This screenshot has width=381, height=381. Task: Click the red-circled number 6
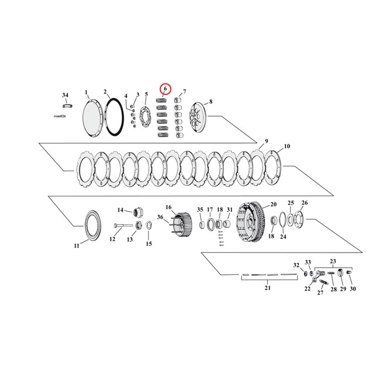[165, 89]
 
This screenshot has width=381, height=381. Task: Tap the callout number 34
[65, 95]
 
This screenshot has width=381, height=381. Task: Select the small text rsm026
[60, 117]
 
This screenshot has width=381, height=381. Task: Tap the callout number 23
[334, 261]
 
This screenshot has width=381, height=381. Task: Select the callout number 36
[159, 217]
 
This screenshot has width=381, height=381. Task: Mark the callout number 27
[320, 293]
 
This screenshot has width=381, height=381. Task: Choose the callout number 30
[353, 290]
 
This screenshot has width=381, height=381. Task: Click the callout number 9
[266, 141]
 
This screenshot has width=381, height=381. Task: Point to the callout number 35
[200, 209]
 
